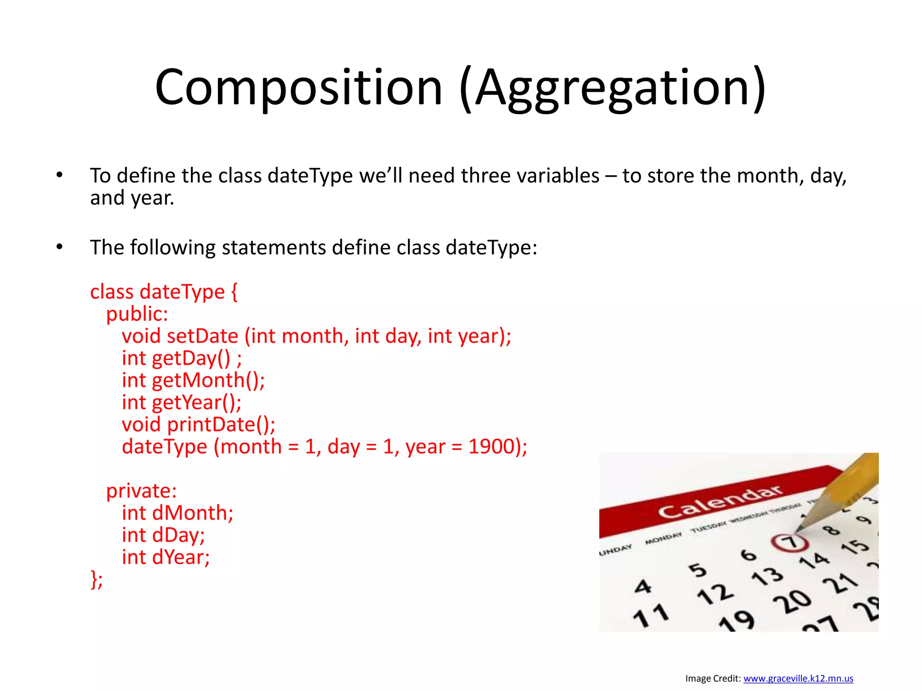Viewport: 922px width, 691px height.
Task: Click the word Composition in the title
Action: pyautogui.click(x=298, y=87)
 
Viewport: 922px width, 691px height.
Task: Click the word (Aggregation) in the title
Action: pyautogui.click(x=613, y=87)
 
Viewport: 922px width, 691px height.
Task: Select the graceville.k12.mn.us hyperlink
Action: pyautogui.click(x=798, y=678)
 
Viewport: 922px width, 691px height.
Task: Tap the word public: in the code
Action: pyautogui.click(x=137, y=314)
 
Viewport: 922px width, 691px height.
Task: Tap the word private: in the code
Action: pyautogui.click(x=141, y=491)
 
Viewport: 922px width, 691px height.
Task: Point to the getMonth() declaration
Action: pyautogui.click(x=208, y=381)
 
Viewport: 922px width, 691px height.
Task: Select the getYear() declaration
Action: pyautogui.click(x=196, y=403)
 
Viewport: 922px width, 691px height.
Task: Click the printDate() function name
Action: pyautogui.click(x=221, y=425)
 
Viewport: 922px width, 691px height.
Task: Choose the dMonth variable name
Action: pyautogui.click(x=192, y=513)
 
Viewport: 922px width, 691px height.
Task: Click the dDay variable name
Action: pyautogui.click(x=178, y=535)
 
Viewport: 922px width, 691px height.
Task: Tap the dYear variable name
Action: pyautogui.click(x=181, y=557)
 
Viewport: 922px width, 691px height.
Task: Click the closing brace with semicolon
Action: pyautogui.click(x=96, y=579)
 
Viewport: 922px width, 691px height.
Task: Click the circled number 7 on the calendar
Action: pyautogui.click(x=791, y=542)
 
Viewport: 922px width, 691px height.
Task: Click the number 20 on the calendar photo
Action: pyautogui.click(x=792, y=601)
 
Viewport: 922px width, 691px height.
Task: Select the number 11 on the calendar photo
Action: pyautogui.click(x=651, y=615)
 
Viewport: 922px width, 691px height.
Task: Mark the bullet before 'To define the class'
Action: pyautogui.click(x=59, y=175)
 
